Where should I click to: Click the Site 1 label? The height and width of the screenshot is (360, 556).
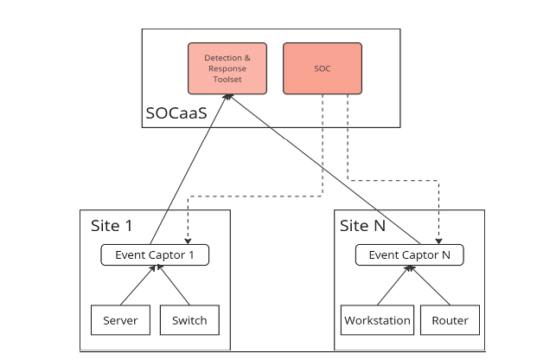[x=112, y=226]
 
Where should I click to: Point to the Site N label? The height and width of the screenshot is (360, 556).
[x=362, y=226]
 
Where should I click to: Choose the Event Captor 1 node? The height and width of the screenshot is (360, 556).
[x=155, y=255]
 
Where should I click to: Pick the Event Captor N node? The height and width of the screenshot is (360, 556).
[x=409, y=255]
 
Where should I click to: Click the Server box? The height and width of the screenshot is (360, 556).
[x=120, y=320]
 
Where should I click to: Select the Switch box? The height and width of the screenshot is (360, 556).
[x=189, y=320]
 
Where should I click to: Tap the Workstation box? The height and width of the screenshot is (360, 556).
[x=377, y=320]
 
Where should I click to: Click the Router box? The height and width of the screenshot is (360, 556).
[x=450, y=320]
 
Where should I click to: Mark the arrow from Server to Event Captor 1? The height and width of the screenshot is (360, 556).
[x=137, y=286]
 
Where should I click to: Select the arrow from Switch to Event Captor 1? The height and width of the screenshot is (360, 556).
[x=173, y=286]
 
